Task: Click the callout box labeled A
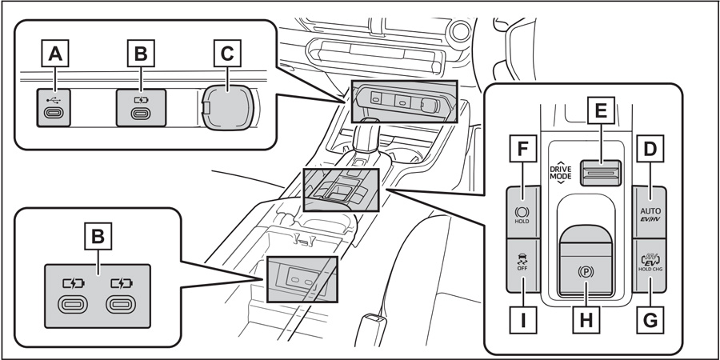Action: [x=54, y=54]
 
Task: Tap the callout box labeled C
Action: [x=228, y=54]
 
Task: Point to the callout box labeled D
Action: [x=650, y=149]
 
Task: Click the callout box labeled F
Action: [x=522, y=149]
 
